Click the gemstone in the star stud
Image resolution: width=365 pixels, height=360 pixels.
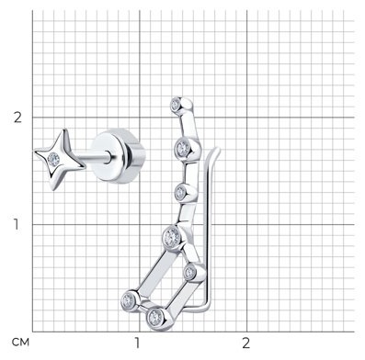[53, 159]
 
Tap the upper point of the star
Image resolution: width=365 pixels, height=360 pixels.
[64, 129]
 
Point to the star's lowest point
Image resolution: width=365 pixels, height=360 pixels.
[53, 189]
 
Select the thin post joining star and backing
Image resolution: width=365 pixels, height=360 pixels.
[96, 158]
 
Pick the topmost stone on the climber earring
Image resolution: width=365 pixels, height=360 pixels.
[176, 105]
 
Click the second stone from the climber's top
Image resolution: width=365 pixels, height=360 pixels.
[183, 149]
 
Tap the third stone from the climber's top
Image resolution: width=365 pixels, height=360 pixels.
[181, 193]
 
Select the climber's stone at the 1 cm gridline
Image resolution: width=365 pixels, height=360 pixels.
[172, 237]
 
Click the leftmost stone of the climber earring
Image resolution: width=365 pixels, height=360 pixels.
[128, 301]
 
